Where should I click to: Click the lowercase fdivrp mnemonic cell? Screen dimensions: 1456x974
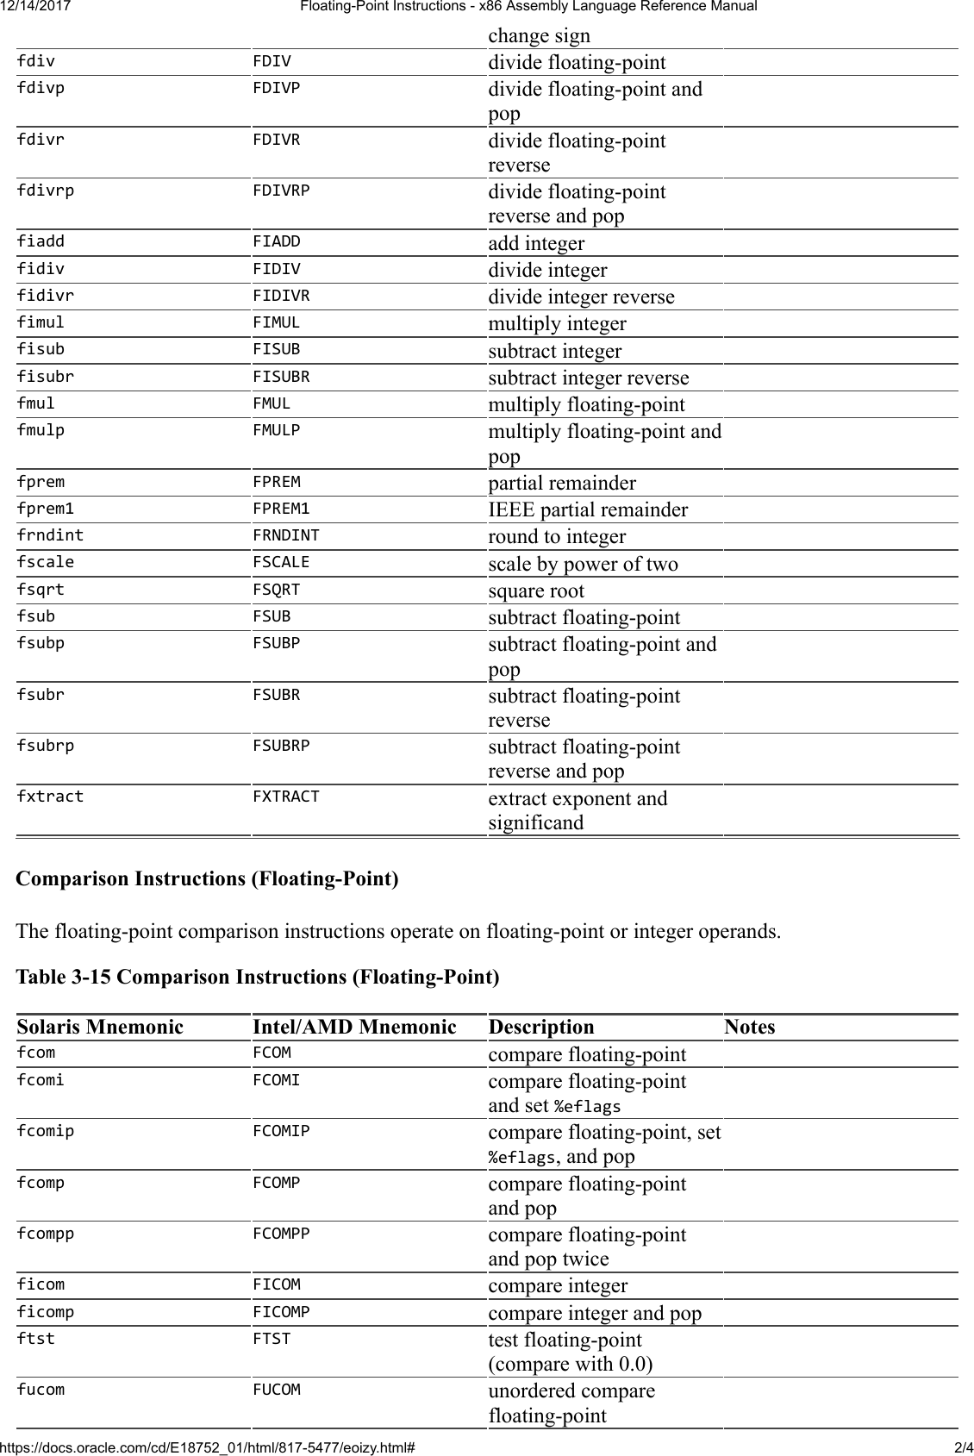click(46, 191)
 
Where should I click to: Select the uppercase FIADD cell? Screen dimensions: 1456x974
click(277, 241)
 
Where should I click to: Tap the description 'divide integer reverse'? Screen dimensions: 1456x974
click(581, 297)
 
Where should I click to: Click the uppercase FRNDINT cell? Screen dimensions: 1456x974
click(285, 535)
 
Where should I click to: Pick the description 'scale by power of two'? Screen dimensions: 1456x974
click(583, 564)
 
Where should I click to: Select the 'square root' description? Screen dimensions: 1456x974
click(536, 591)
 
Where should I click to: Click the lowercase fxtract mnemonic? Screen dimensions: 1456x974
click(50, 797)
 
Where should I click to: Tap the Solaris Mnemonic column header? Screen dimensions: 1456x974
click(100, 1027)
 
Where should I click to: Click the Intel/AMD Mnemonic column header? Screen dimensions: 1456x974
click(354, 1027)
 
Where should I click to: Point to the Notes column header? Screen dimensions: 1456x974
click(749, 1027)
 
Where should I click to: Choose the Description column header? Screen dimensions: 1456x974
click(541, 1027)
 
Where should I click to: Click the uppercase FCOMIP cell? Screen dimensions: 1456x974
click(281, 1131)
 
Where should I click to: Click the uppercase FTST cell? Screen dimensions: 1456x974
click(272, 1339)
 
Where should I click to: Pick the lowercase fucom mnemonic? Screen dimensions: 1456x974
click(41, 1390)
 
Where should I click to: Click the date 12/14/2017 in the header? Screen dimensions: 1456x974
click(36, 7)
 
